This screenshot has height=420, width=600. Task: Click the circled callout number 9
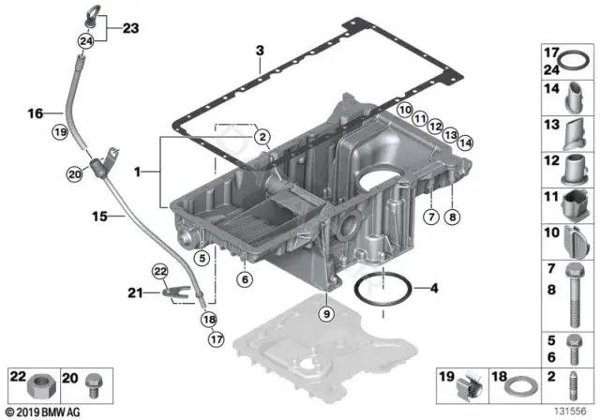click(326, 314)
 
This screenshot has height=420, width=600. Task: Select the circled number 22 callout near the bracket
click(160, 272)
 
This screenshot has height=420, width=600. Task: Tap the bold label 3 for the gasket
click(260, 50)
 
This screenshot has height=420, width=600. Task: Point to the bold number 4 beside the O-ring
click(434, 288)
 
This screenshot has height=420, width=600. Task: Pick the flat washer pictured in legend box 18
click(521, 387)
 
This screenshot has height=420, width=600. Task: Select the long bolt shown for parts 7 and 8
click(575, 295)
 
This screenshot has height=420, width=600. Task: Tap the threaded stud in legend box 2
click(575, 386)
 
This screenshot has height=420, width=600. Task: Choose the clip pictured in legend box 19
click(470, 387)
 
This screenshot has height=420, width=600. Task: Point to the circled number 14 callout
click(465, 143)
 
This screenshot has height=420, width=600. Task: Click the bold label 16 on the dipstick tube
click(36, 113)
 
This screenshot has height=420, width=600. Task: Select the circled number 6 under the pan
click(245, 279)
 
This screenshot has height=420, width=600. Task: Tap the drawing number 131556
click(570, 412)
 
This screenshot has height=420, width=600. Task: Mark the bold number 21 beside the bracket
click(135, 293)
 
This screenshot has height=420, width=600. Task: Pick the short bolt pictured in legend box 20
click(93, 385)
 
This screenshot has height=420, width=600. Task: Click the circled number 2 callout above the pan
click(262, 137)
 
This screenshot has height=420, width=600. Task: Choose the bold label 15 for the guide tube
click(99, 217)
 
